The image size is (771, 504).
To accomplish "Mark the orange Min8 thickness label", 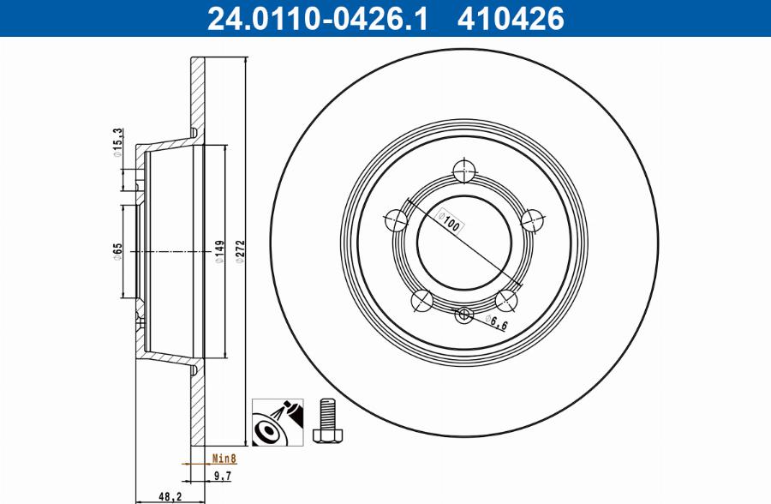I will point(224,459).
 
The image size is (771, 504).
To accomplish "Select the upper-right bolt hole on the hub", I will point(533,220).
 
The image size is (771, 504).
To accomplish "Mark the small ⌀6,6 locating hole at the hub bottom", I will point(464,315).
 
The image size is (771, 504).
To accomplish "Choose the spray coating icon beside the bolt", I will point(276,422).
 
